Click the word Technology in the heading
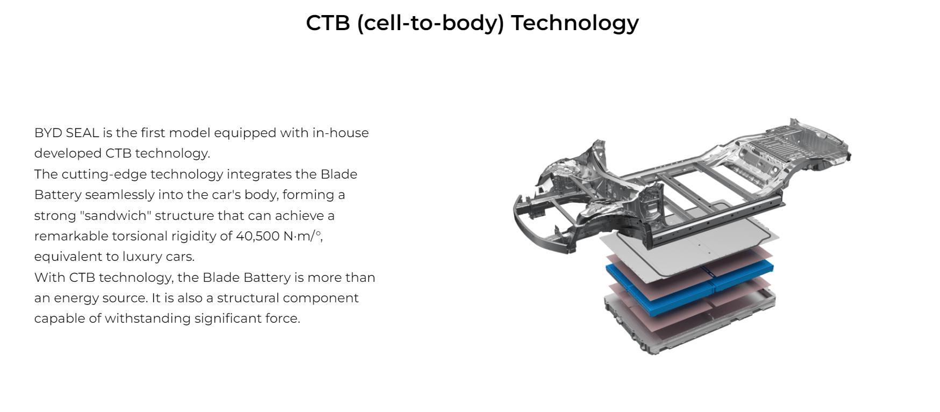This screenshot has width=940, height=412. pyautogui.click(x=575, y=23)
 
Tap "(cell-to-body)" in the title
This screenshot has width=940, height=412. pyautogui.click(x=430, y=23)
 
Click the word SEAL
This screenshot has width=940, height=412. pyautogui.click(x=82, y=133)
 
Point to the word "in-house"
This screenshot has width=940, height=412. pyautogui.click(x=341, y=133)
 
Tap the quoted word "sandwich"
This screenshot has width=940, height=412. pyautogui.click(x=116, y=216)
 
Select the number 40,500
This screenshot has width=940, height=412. pyautogui.click(x=258, y=236)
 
